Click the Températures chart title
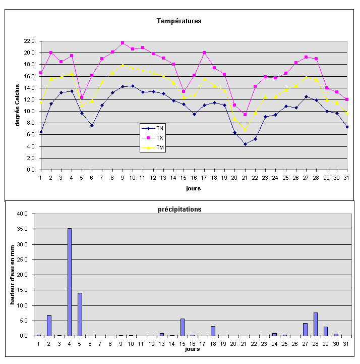179,21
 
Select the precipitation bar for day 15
182,327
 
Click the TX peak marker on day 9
123,43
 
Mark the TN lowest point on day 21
245,144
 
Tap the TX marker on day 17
204,53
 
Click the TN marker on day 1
41,132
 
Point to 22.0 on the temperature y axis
28,41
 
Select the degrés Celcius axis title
17,105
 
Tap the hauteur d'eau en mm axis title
13,275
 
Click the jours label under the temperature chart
193,188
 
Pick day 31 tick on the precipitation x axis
345,343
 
